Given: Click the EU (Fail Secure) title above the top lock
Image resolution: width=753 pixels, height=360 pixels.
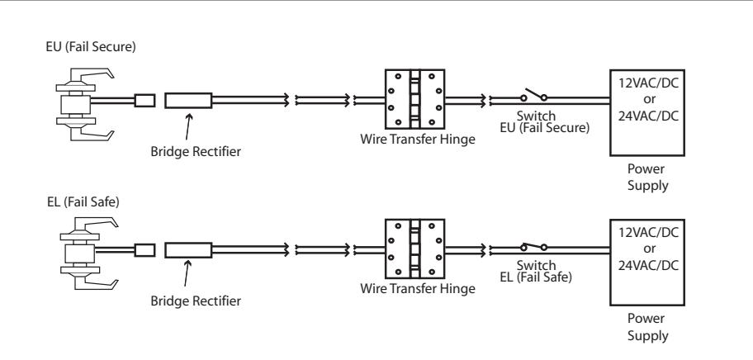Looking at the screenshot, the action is pyautogui.click(x=91, y=47).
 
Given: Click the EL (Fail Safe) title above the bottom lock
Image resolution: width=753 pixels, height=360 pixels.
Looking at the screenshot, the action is pyautogui.click(x=83, y=202).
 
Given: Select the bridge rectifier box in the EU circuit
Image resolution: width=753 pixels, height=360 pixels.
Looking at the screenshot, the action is pyautogui.click(x=188, y=100).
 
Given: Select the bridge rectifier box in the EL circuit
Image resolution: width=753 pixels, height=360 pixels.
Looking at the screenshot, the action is pyautogui.click(x=188, y=250).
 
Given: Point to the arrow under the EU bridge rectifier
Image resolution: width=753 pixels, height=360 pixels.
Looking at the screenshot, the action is pyautogui.click(x=188, y=126).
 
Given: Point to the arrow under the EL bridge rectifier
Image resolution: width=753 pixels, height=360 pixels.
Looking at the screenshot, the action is pyautogui.click(x=187, y=273).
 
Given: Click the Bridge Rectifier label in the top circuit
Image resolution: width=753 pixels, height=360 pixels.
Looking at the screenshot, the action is pyautogui.click(x=196, y=152).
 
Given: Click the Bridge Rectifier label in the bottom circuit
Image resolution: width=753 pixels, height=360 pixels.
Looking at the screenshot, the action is pyautogui.click(x=196, y=301).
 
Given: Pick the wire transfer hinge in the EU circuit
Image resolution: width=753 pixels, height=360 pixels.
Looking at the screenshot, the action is pyautogui.click(x=415, y=99).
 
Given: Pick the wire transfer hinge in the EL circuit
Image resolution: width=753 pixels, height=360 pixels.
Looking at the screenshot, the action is pyautogui.click(x=415, y=249).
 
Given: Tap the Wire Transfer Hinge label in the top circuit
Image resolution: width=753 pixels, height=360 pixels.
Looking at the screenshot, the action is pyautogui.click(x=417, y=140).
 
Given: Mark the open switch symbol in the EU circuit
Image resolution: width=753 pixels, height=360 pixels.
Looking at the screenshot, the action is pyautogui.click(x=534, y=95).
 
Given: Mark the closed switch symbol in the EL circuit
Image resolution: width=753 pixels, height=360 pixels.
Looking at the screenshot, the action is pyautogui.click(x=534, y=246).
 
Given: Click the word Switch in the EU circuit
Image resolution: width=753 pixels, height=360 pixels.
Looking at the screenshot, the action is pyautogui.click(x=536, y=116).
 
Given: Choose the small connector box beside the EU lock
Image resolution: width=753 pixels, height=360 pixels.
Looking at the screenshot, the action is pyautogui.click(x=144, y=100).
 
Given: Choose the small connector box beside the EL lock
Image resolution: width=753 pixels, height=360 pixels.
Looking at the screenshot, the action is pyautogui.click(x=144, y=250).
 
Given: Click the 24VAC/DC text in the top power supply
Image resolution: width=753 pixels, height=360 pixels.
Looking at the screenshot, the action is pyautogui.click(x=648, y=116).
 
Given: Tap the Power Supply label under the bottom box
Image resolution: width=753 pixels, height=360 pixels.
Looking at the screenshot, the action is pyautogui.click(x=647, y=327).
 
